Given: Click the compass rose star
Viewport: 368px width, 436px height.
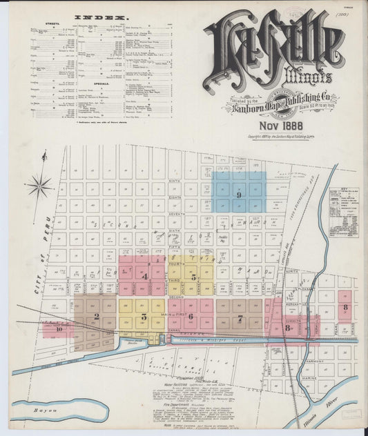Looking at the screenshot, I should (x=39, y=185).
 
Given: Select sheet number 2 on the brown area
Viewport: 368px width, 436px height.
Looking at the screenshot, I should (x=97, y=317).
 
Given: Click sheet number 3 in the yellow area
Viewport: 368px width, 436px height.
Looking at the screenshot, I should (x=144, y=317).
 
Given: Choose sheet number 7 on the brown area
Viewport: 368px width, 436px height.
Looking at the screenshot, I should (x=240, y=318).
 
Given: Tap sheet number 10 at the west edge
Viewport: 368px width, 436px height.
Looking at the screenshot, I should (x=59, y=329).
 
